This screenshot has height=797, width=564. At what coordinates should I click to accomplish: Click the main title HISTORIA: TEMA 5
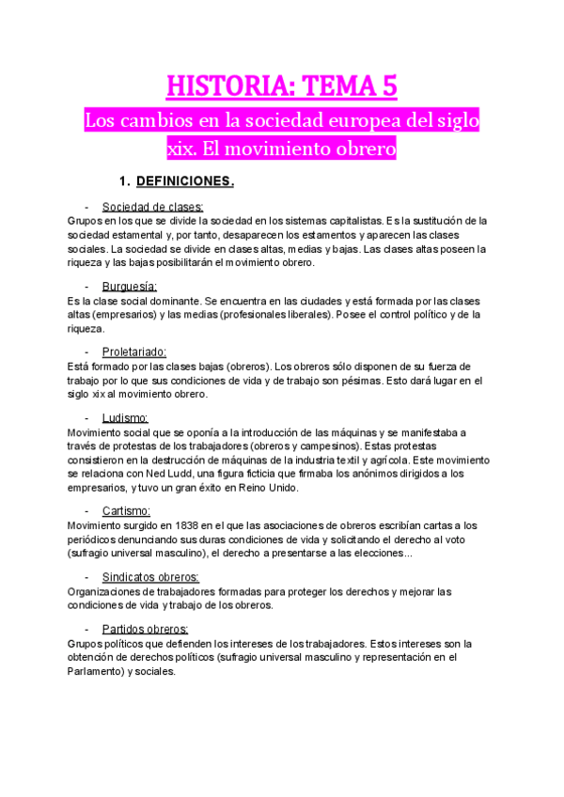coord(282,86)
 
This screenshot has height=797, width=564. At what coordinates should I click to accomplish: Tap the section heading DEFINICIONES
coord(185,180)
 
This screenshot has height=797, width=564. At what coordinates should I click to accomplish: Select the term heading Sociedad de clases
coord(153,207)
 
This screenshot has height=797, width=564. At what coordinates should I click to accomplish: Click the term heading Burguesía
coord(130,286)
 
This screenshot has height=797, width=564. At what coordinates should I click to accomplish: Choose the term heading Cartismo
coord(127,510)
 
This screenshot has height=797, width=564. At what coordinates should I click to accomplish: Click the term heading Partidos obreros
coord(145,629)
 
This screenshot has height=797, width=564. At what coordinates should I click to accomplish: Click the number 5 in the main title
coord(389,86)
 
